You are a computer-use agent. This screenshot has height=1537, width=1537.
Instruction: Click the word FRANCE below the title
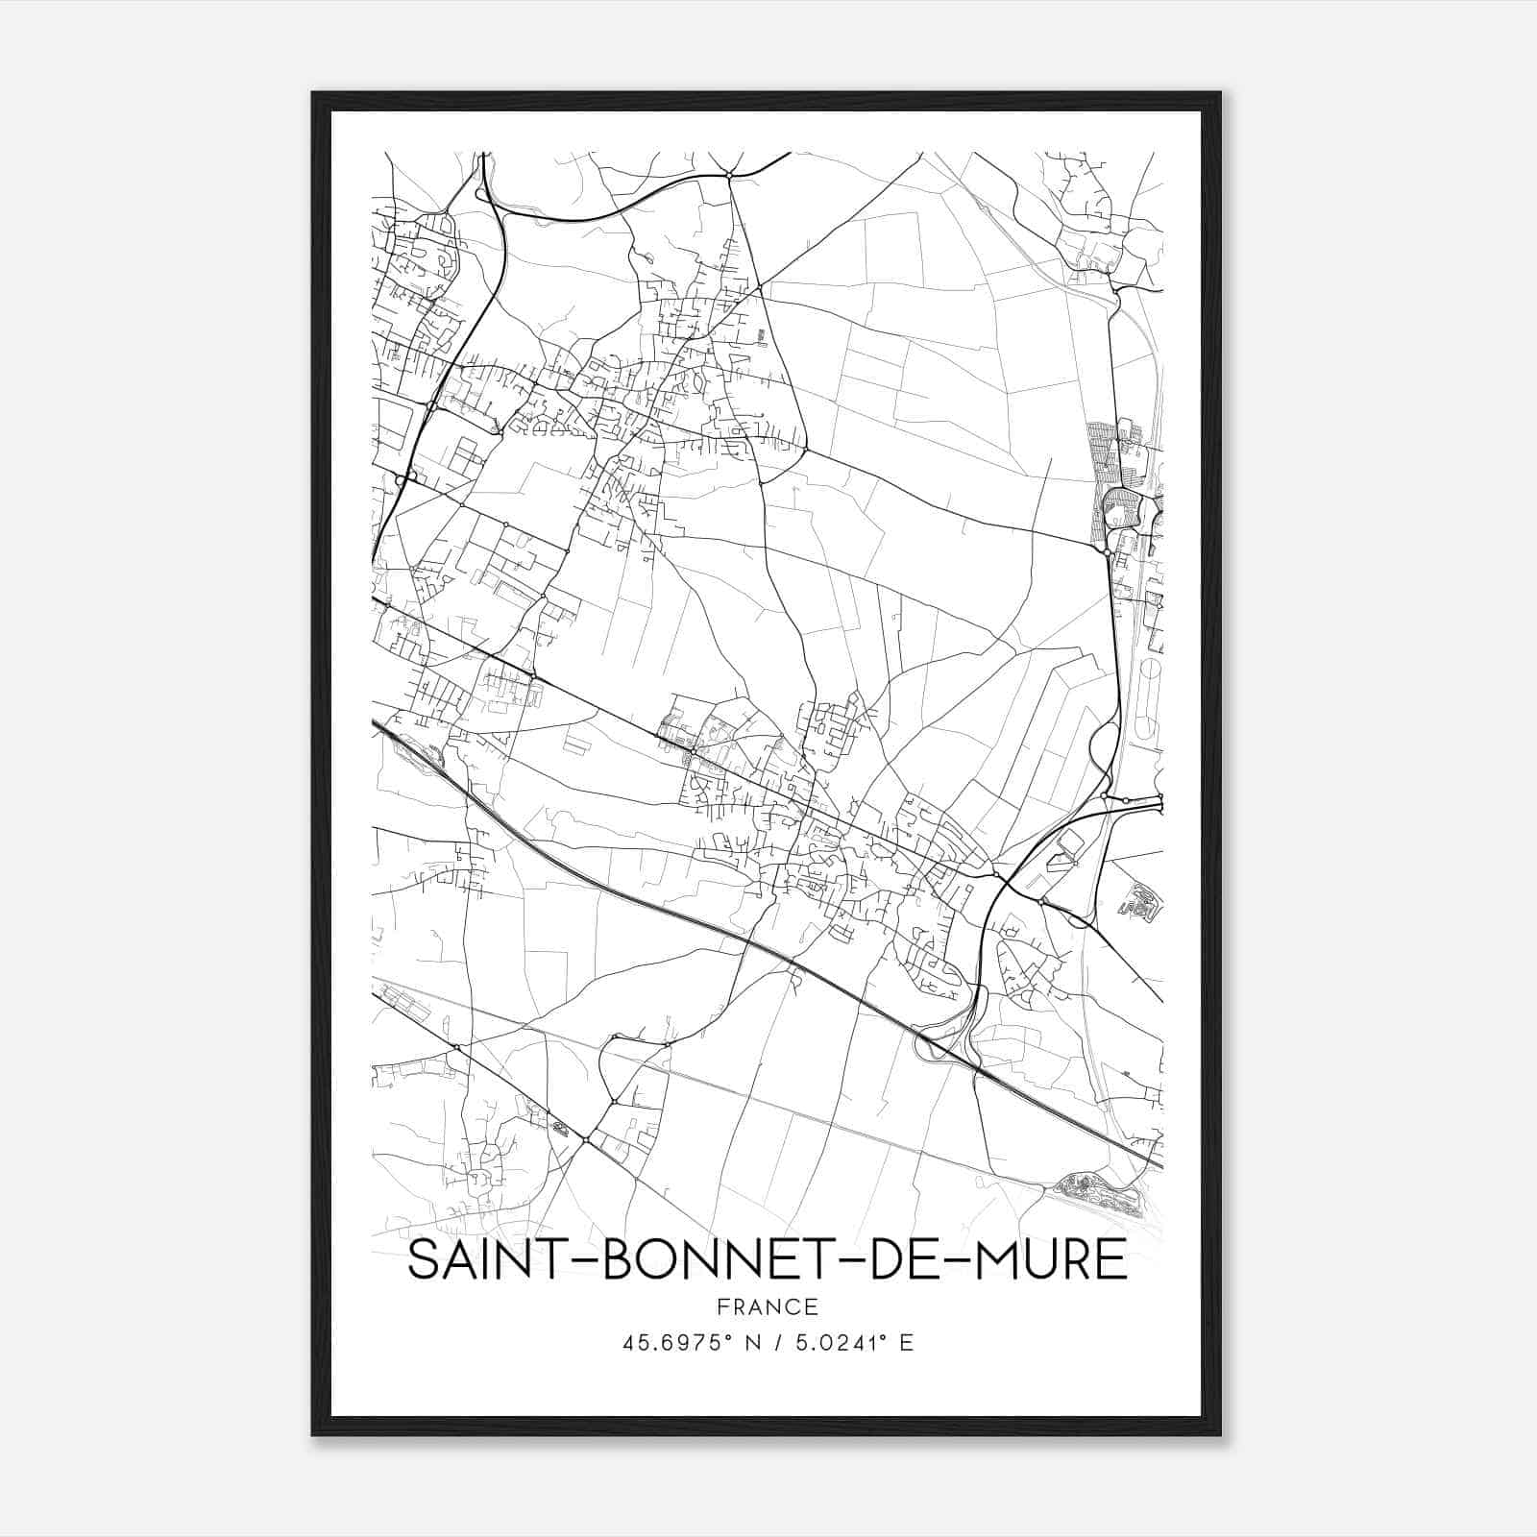click(x=767, y=1307)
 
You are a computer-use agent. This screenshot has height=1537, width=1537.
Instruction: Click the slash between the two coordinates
click(x=776, y=1343)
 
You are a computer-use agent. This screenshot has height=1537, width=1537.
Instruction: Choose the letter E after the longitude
click(x=906, y=1343)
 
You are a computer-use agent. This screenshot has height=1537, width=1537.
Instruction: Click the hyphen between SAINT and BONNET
click(x=577, y=1261)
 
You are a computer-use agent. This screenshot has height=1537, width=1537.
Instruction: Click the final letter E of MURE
click(x=1112, y=1259)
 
